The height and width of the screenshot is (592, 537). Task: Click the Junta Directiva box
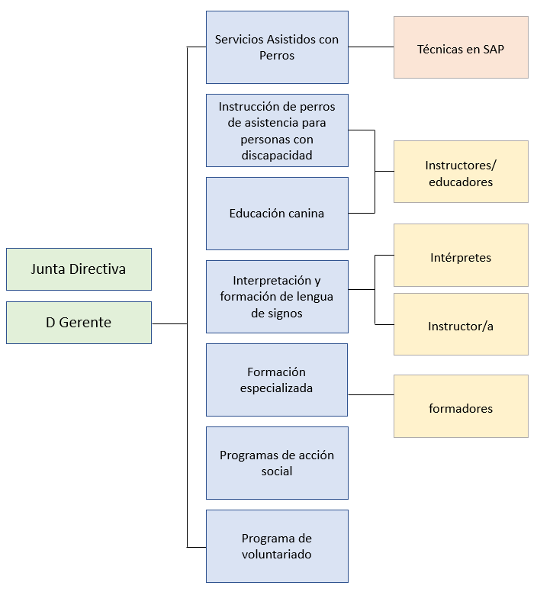pos(79,269)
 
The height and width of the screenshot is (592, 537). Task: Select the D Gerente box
pos(79,323)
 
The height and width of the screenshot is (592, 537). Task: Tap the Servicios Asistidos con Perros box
pos(277,47)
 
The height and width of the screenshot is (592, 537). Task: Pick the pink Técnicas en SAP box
pos(461,47)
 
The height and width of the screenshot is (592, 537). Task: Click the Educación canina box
pos(277,214)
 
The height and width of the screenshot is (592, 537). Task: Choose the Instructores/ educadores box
pos(461,172)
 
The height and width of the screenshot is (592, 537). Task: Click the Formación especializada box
pos(277,380)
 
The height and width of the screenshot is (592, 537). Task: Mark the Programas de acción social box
pos(277,463)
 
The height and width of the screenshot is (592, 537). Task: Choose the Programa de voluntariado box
pos(277,546)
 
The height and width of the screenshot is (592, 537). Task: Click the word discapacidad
pos(276,156)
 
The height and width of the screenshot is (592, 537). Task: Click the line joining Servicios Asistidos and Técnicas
pos(371,47)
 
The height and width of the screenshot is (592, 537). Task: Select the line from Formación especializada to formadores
pos(371,394)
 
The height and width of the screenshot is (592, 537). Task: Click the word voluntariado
pos(277,555)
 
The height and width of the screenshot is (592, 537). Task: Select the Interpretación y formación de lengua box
pos(277,297)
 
